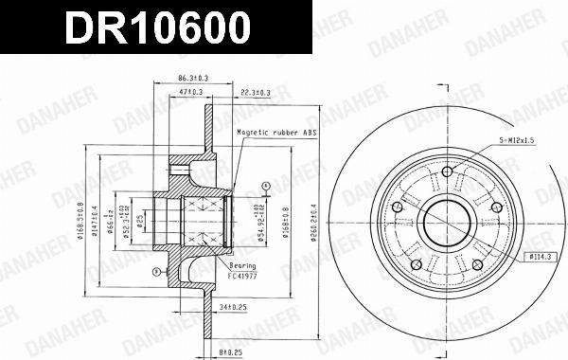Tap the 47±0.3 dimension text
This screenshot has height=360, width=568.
192,91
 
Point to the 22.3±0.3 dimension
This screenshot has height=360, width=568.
253,91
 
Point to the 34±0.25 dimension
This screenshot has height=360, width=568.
233,307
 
